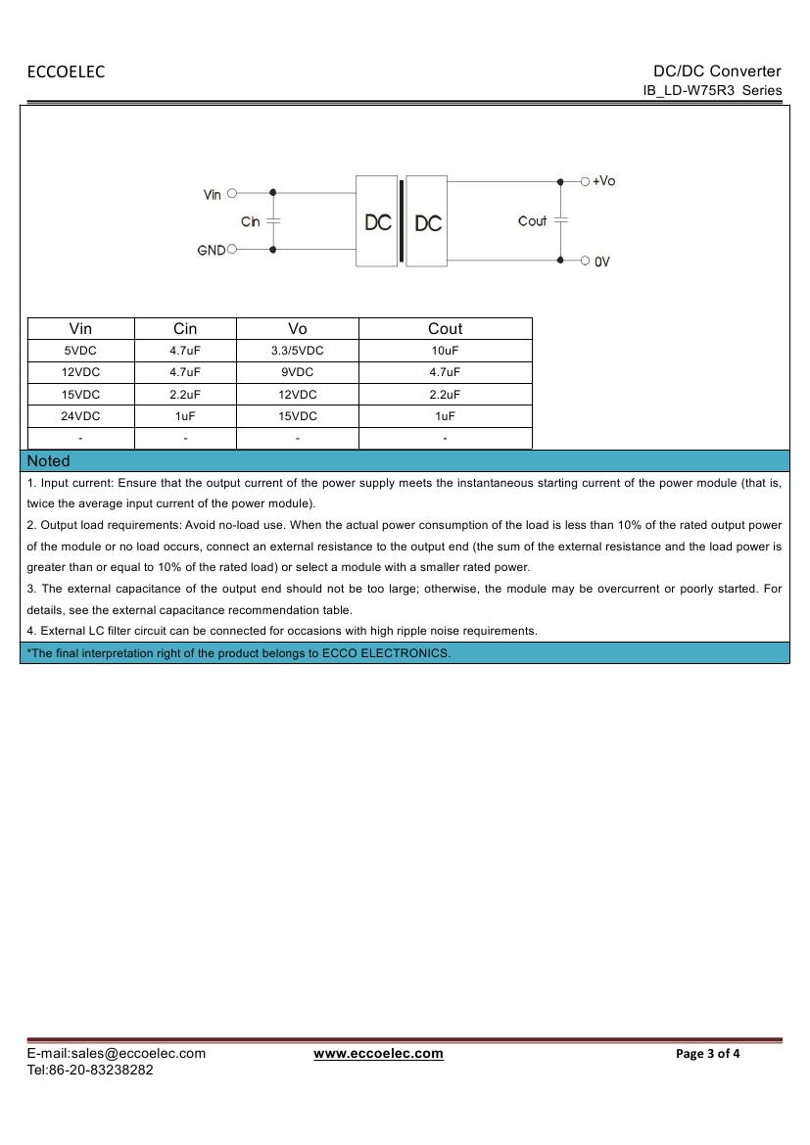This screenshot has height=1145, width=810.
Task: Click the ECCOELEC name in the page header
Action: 66,72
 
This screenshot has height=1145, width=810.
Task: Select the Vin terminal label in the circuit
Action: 213,195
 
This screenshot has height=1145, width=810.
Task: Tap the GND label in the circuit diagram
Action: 211,251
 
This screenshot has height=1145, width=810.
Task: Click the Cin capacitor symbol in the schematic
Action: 273,221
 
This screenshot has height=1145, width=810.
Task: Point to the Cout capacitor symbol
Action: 560,220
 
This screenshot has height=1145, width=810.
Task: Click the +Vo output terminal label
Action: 603,181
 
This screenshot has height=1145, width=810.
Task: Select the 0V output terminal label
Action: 601,262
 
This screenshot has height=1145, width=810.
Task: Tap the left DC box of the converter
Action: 378,222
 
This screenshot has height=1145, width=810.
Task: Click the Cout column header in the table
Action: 445,329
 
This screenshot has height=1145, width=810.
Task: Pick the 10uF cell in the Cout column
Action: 445,351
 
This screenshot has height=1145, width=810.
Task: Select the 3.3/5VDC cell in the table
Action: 298,351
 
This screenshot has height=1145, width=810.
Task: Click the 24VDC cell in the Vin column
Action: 80,416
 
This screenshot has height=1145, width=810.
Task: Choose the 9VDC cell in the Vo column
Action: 298,372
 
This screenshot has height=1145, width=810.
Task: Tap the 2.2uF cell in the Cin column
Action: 185,395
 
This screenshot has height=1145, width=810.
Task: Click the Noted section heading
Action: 49,460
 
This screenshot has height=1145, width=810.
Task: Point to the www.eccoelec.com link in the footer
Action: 378,1054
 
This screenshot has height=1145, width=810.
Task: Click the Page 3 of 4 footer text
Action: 708,1054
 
